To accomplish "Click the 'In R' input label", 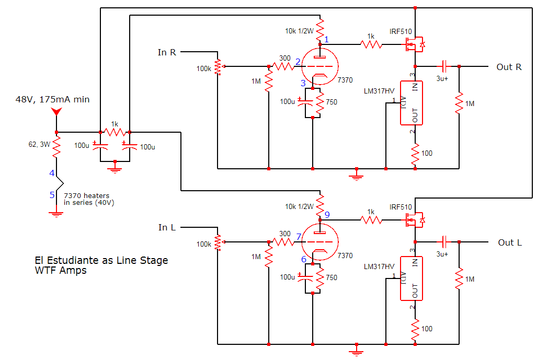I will (x=167, y=52).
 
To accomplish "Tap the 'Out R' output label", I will (x=509, y=67).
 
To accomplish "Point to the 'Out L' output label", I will (x=509, y=242).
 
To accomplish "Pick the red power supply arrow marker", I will (x=56, y=112).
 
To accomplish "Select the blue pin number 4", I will (x=52, y=173).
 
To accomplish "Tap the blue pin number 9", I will (x=327, y=214).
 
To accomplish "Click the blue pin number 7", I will (x=298, y=237).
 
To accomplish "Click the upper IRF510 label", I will (x=401, y=32).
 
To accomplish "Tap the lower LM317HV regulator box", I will (x=411, y=278).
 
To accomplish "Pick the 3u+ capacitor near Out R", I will (x=443, y=66).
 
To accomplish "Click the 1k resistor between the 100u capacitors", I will (x=115, y=132).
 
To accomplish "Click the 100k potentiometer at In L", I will (x=218, y=242).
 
